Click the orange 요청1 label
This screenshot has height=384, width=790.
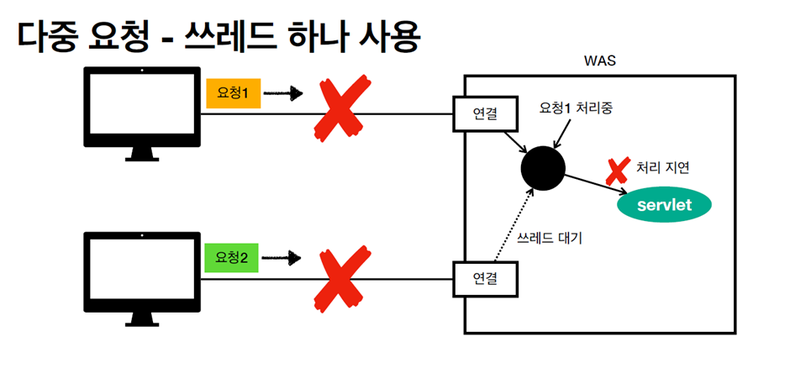[233, 93]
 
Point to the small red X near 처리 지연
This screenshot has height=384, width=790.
[618, 171]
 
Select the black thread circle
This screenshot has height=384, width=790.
[542, 168]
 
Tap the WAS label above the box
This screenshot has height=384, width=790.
[600, 61]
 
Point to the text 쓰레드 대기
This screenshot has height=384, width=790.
[550, 238]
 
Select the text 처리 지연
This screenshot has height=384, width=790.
[664, 167]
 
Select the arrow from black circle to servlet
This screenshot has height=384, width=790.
[592, 185]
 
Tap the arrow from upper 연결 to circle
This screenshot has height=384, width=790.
[513, 138]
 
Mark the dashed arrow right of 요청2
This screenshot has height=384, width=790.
[287, 257]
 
